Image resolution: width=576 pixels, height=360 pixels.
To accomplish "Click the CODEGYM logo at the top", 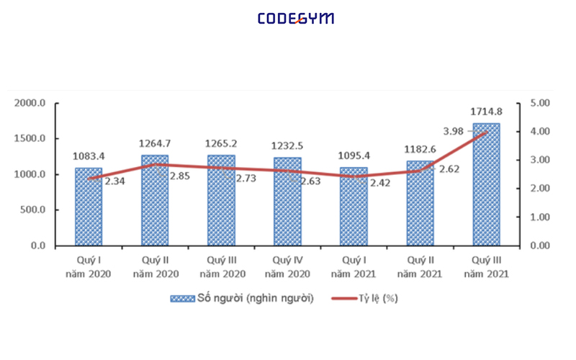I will coord(296,19).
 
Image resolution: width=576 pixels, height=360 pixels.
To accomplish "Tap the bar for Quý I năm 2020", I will coord(89,209).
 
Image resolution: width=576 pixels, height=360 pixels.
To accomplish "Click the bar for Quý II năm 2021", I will coord(420,204).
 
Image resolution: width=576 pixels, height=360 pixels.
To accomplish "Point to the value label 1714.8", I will coord(486,112).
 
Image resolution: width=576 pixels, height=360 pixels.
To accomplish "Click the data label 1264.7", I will coord(155,143).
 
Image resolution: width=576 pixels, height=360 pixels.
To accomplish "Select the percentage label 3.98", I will coord(454,130).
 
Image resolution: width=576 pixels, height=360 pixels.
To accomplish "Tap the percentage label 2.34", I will coord(116,181).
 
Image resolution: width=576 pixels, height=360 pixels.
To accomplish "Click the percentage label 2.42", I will coord(381,181).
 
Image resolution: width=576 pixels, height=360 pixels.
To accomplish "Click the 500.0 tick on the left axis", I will coord(32,210).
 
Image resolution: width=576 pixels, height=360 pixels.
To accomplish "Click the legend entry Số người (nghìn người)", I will coord(241,299).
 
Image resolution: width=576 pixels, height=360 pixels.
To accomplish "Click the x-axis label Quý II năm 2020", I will coord(155,266).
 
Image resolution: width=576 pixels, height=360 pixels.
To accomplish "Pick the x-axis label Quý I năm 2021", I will coord(354,266).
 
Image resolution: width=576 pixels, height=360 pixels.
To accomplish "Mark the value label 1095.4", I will coord(354,156).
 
